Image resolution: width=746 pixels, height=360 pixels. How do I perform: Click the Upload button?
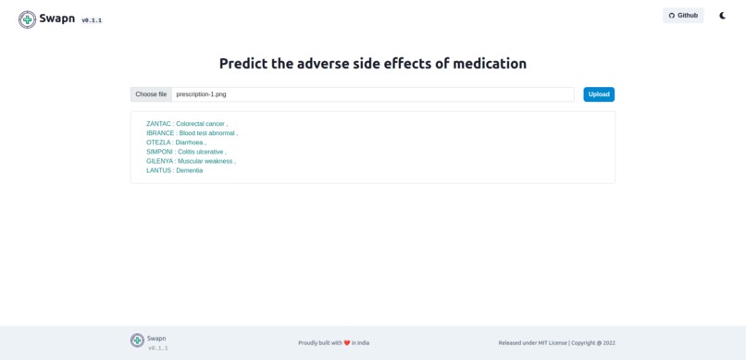pos(599,94)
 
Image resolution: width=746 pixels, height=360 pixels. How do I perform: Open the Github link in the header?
pos(683,16)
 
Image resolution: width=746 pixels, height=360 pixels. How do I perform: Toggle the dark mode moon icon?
pos(723,16)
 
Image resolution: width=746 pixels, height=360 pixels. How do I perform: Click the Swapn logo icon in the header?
pos(28,19)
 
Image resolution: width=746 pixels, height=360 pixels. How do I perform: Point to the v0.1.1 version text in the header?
pos(92,20)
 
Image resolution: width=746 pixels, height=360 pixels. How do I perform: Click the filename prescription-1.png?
pos(201,94)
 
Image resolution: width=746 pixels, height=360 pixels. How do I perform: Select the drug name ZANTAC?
pos(158,124)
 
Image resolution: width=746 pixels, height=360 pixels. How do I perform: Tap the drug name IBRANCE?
pos(160,133)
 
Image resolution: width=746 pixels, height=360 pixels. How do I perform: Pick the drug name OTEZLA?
pos(158,143)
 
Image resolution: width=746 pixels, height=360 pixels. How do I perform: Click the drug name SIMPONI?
pos(159,152)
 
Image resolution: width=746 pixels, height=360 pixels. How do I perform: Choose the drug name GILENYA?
pos(159,161)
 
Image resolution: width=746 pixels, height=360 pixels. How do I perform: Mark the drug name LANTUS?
pos(158,170)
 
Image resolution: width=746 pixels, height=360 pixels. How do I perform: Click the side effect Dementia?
pos(190,170)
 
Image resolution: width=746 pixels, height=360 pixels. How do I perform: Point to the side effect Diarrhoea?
pos(190,143)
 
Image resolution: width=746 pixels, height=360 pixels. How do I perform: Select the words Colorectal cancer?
pos(201,124)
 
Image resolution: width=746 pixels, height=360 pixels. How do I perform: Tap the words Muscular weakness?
pos(205,161)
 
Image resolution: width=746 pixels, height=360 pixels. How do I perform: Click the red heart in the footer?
pos(347,343)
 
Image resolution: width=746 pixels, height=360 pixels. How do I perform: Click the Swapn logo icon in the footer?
pos(137,341)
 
